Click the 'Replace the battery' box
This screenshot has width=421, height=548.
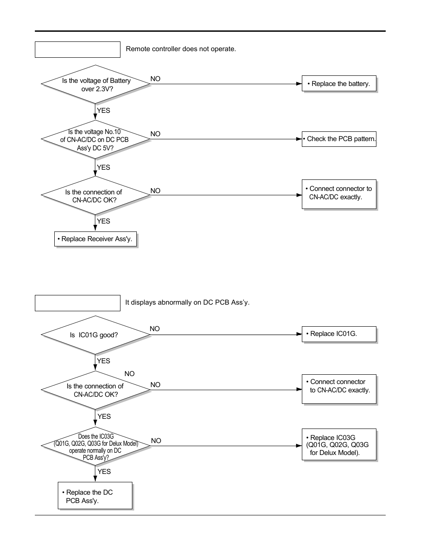coord(339,83)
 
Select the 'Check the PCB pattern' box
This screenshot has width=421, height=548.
coord(339,139)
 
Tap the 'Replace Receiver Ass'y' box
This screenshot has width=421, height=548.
coord(95,239)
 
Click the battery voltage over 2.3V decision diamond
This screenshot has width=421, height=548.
coord(96,84)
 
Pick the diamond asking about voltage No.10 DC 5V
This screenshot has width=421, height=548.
coord(95,140)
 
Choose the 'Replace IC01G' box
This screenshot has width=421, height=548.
coord(339,334)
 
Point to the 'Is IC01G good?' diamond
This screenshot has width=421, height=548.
coord(95,335)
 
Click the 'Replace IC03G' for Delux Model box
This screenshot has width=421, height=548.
coord(339,445)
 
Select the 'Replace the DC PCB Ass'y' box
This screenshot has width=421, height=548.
coord(95,496)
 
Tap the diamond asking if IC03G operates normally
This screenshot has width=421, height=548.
coord(95,447)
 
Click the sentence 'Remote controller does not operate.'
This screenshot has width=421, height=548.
coord(181,49)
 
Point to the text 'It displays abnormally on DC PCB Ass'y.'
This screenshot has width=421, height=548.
coord(187,302)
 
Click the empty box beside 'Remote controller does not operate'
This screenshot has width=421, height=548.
coord(78,49)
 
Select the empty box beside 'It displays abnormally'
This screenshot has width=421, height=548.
coord(78,303)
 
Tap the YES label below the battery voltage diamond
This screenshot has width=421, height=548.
coord(103,111)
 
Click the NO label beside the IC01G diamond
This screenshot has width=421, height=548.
coord(154,329)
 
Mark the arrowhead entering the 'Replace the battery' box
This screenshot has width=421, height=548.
coord(299,84)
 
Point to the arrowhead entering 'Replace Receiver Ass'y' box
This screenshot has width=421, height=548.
coord(95,228)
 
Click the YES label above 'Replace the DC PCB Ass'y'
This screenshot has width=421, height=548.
coord(104,472)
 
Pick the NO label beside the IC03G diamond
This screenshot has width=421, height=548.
coord(156,441)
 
